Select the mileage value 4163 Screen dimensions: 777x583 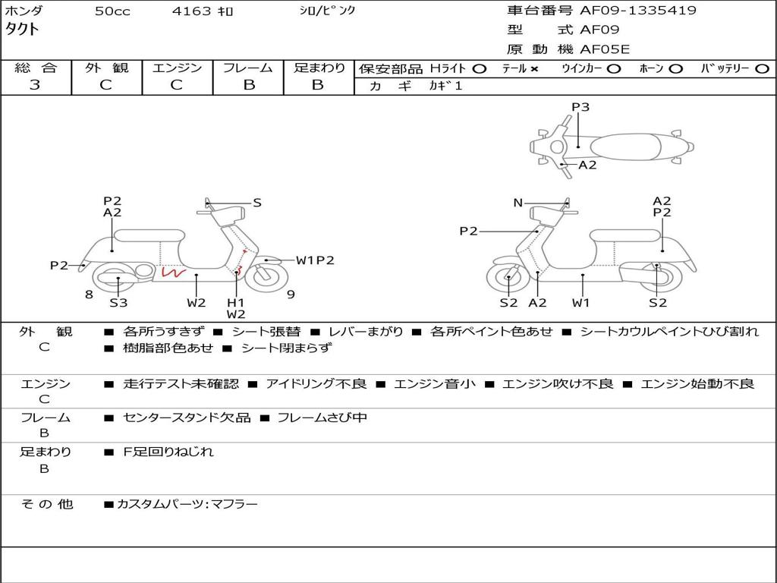(193, 11)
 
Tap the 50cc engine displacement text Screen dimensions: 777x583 (112, 11)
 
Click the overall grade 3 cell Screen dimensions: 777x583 (35, 85)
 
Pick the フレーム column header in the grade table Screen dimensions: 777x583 (249, 68)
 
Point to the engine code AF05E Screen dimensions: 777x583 (605, 50)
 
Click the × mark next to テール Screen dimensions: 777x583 (534, 69)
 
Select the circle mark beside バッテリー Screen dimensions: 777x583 (762, 69)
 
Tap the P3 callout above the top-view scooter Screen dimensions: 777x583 (580, 107)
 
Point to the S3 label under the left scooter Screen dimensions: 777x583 (118, 303)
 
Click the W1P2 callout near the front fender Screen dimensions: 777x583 (315, 260)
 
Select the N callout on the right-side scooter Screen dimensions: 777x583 (518, 203)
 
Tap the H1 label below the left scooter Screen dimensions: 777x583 (236, 302)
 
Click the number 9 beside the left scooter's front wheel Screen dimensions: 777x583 (291, 294)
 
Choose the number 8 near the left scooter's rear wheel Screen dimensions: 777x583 (89, 294)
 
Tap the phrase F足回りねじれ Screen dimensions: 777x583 (168, 452)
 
